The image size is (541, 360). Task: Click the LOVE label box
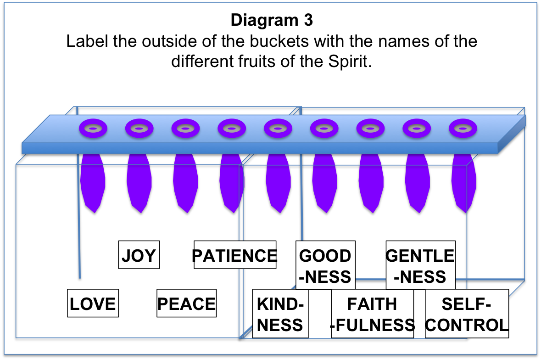click(93, 303)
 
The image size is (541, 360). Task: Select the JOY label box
click(139, 255)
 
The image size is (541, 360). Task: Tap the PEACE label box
click(186, 303)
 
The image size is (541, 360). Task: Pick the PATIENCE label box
click(235, 255)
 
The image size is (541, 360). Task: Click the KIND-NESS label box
click(280, 314)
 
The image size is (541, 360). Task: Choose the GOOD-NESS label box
click(325, 265)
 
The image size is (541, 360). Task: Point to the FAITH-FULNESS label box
click(372, 314)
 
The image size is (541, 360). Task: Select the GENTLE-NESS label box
click(420, 265)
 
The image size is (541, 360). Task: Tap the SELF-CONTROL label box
click(467, 314)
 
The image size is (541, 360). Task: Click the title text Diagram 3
click(271, 20)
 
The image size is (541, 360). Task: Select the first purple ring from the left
click(93, 129)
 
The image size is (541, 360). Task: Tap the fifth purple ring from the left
click(278, 129)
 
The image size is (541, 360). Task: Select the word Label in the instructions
click(87, 41)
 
